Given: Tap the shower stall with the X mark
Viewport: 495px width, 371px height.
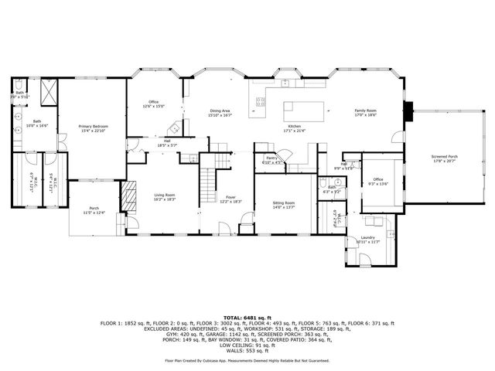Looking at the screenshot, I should tap(46, 96).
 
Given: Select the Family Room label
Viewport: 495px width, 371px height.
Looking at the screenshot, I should tap(365, 111).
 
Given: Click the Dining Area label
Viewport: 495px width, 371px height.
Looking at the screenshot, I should tap(220, 111).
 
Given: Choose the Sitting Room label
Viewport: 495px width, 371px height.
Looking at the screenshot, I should tap(285, 203).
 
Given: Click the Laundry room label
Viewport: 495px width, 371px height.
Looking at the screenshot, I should tap(368, 237).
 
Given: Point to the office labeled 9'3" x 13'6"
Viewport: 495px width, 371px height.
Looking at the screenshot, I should tap(378, 180).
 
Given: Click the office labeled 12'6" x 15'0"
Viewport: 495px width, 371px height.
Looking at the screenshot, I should tap(154, 103).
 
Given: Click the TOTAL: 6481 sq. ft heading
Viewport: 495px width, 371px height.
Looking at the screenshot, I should tap(247, 318).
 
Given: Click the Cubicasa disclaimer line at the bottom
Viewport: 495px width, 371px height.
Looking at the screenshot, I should tap(247, 360).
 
